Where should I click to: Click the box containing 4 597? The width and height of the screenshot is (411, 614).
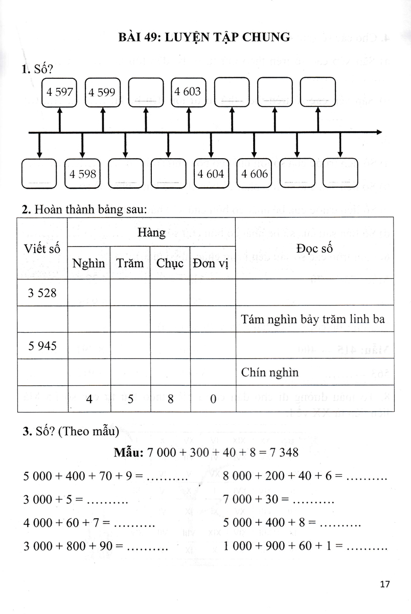(60, 93)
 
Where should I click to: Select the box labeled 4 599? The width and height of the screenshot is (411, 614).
(102, 93)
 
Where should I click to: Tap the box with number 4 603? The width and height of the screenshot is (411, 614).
(188, 92)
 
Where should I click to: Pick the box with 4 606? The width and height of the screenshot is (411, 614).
(255, 174)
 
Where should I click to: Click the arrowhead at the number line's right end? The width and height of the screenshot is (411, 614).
(379, 133)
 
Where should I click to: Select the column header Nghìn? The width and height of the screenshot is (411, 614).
(88, 264)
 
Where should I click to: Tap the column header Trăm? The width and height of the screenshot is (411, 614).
(130, 264)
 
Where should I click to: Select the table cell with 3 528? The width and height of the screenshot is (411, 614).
(42, 293)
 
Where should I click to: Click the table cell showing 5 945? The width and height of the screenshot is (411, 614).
(42, 346)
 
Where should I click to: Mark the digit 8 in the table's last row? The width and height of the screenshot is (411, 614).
(170, 399)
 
